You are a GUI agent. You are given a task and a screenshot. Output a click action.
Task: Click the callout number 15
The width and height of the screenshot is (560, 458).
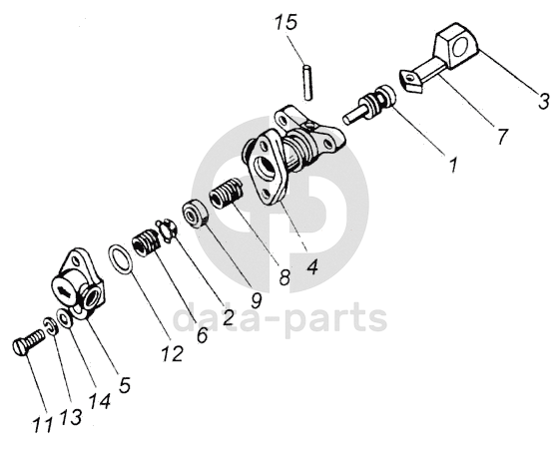pyautogui.click(x=285, y=22)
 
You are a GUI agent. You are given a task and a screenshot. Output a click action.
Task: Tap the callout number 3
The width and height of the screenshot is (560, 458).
pyautogui.click(x=544, y=101)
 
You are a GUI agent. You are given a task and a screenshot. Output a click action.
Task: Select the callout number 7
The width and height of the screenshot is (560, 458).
pyautogui.click(x=501, y=136)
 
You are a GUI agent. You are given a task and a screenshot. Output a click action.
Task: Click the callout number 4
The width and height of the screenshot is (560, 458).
pyautogui.click(x=312, y=266)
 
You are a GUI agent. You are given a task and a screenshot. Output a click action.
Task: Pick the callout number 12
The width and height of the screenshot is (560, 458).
pyautogui.click(x=172, y=354)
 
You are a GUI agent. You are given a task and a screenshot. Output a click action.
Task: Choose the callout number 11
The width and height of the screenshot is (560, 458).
pyautogui.click(x=43, y=425)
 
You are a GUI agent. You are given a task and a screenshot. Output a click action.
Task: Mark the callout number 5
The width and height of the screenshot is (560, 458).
pyautogui.click(x=125, y=385)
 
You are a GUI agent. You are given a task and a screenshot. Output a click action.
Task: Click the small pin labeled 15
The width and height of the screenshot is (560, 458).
pyautogui.click(x=307, y=82)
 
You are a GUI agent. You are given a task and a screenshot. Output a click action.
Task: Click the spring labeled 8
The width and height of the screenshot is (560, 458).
pyautogui.click(x=226, y=194)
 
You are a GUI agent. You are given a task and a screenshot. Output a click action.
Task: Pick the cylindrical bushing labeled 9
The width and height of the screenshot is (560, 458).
pyautogui.click(x=195, y=214)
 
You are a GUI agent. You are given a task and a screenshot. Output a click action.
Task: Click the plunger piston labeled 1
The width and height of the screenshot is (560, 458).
pyautogui.click(x=369, y=104)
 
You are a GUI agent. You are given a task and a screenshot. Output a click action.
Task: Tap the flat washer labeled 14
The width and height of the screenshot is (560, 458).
pyautogui.click(x=65, y=317)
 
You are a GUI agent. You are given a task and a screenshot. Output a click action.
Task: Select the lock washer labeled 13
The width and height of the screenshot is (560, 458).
pyautogui.click(x=51, y=326)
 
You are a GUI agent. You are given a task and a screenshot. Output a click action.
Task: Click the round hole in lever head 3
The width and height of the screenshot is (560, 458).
pyautogui.click(x=459, y=49)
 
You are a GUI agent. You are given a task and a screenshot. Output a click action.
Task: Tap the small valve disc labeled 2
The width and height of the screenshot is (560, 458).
pyautogui.click(x=165, y=231)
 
